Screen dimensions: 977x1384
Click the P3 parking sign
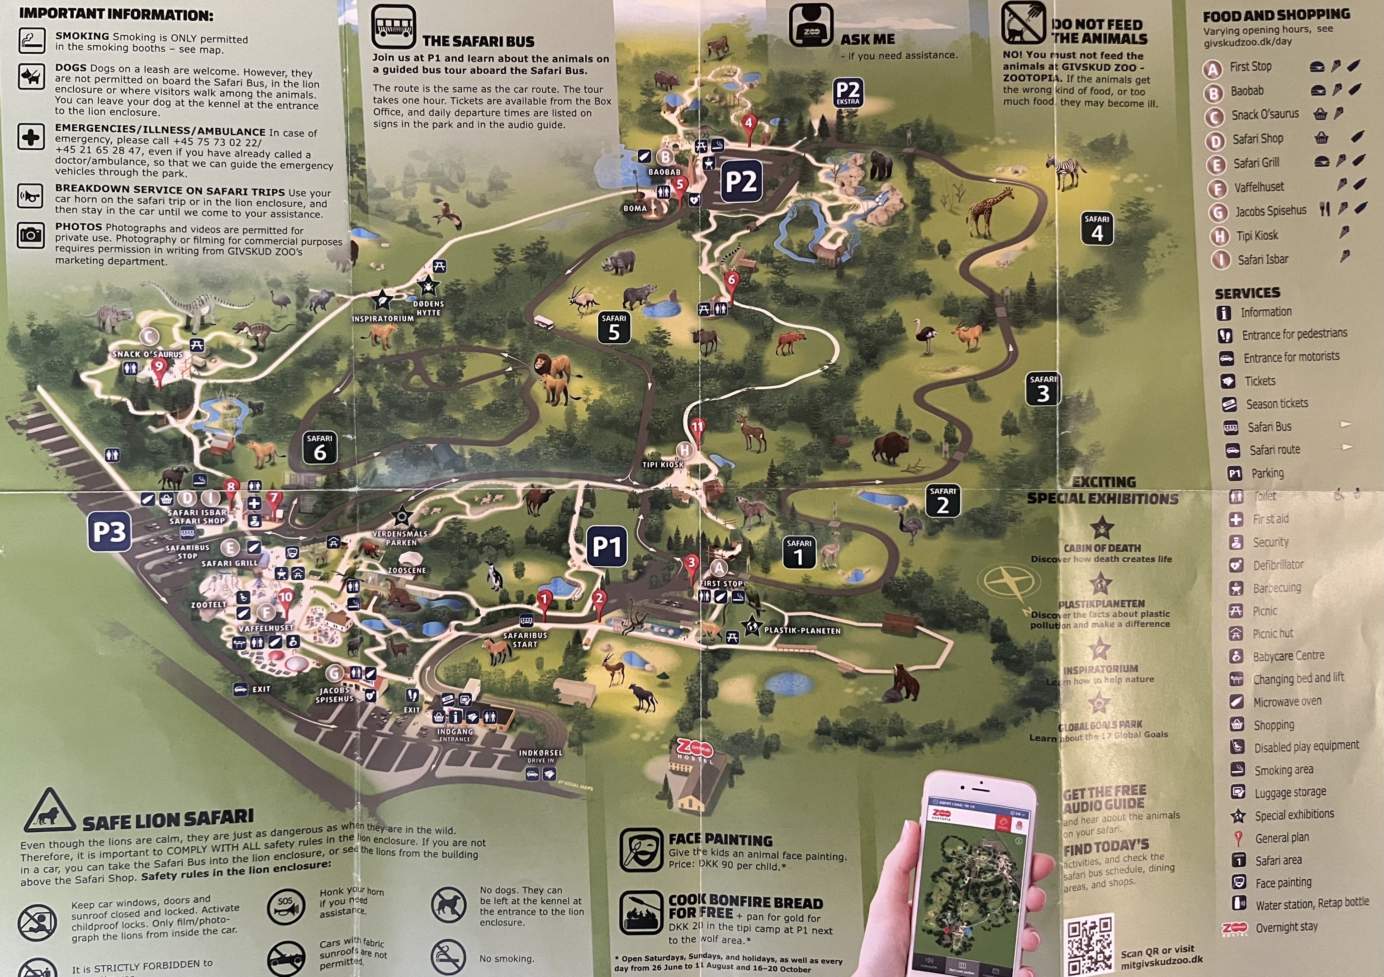pos(109,531)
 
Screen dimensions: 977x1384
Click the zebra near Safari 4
pos(1066,170)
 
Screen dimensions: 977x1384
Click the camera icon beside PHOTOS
pos(31,234)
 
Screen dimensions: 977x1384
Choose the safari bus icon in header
pos(393,27)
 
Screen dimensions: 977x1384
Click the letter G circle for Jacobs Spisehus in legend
pos(1218,212)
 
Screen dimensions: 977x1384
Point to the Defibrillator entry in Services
pos(1278,565)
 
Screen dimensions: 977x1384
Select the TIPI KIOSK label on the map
pos(663,465)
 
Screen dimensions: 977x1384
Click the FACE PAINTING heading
pos(720,839)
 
